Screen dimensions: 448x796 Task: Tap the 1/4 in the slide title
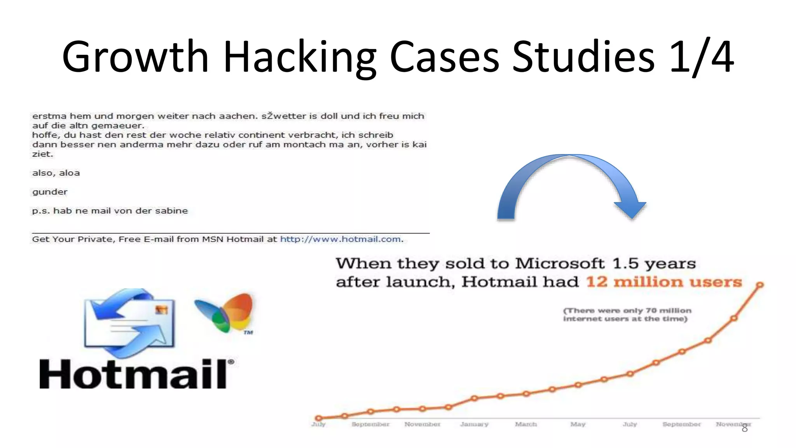tap(702, 57)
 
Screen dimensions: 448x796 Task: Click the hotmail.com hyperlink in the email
tap(340, 239)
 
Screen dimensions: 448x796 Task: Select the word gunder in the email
tap(50, 192)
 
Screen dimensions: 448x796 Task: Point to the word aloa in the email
tap(70, 173)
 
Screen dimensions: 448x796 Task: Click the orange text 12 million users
tap(664, 282)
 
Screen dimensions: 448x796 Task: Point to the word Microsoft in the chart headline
tap(560, 263)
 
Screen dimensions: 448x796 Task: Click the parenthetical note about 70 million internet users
tap(627, 315)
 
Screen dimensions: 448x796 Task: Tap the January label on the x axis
tap(474, 424)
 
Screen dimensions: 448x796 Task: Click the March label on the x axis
tap(526, 424)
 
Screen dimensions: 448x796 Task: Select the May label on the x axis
tap(578, 424)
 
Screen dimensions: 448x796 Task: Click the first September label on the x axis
tap(370, 424)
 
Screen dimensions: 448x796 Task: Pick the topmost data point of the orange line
tap(760, 285)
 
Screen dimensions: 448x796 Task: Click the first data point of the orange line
tap(319, 418)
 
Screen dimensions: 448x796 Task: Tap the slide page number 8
tap(745, 429)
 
